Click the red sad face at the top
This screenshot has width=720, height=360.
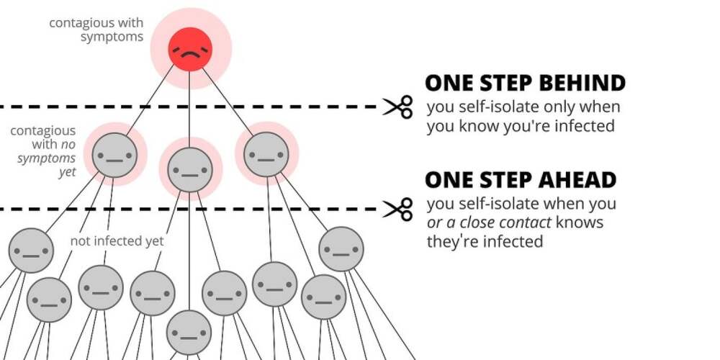coord(190,49)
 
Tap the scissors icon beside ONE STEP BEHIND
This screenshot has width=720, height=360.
coord(398,107)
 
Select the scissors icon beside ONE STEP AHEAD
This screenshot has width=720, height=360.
coord(398,210)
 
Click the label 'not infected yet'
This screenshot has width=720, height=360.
coord(117,241)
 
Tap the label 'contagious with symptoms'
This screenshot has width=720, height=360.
coord(96,30)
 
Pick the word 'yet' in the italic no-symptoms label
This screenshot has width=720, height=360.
coord(67,173)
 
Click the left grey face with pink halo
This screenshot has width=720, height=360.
coord(114,156)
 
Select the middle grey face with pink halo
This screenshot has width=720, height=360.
coord(190,169)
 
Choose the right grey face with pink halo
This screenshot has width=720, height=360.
coord(266,154)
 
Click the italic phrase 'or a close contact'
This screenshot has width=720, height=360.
coord(489,222)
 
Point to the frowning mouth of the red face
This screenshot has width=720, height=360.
coord(190,54)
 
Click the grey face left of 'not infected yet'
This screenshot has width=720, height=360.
coord(31,251)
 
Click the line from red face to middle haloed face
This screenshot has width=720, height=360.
coord(189,109)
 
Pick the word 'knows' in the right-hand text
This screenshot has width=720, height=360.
coord(580,222)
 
